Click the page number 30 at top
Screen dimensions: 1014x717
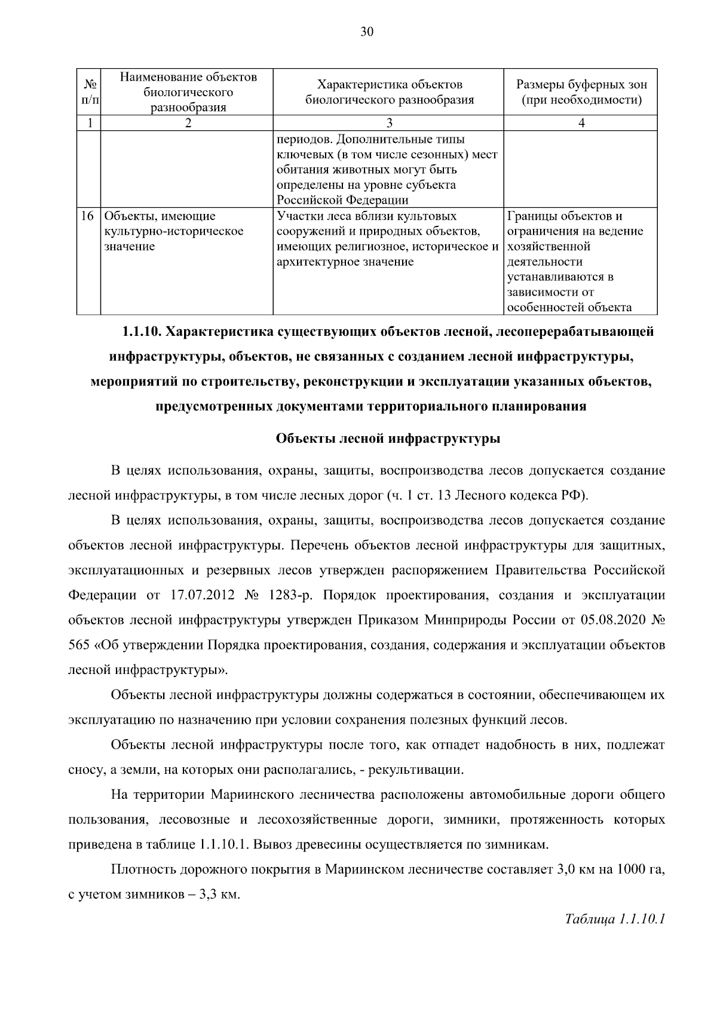coord(366,33)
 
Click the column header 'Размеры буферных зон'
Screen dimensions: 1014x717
coord(581,85)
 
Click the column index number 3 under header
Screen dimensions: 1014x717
coord(388,123)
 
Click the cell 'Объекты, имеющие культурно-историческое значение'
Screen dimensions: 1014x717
coord(173,231)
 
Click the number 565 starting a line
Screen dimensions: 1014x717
coord(79,645)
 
